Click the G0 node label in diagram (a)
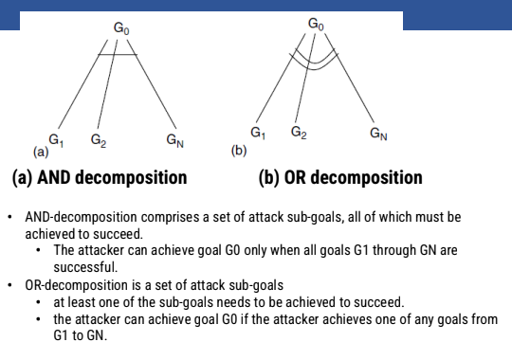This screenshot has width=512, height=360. [x=121, y=30]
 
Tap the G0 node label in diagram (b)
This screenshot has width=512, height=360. [x=317, y=23]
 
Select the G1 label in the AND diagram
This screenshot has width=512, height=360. [x=56, y=139]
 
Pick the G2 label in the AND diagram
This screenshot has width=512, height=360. [x=98, y=140]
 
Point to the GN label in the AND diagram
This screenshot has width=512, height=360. [x=174, y=140]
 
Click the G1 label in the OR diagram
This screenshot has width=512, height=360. [x=257, y=132]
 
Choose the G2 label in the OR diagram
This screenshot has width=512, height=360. [x=299, y=132]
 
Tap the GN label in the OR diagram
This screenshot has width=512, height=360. [x=378, y=134]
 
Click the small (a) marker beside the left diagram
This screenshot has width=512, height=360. [x=40, y=152]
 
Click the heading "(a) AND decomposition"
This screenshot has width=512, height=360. [x=100, y=177]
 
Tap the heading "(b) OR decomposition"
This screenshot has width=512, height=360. [x=340, y=177]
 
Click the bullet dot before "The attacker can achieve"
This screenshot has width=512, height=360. [x=38, y=251]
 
